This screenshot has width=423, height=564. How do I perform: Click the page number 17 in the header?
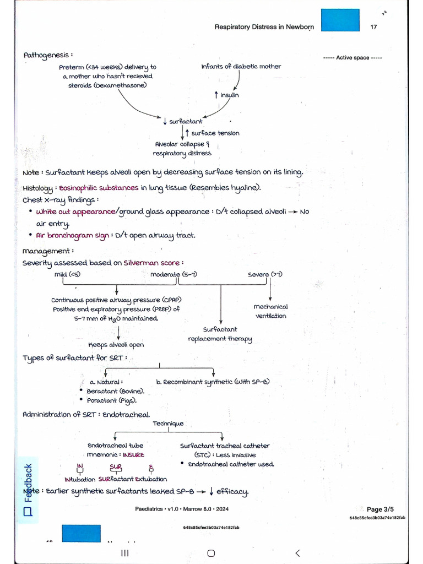tap(374, 27)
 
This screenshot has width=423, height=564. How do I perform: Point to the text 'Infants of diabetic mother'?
tap(241, 67)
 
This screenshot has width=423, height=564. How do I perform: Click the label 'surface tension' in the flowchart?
tap(215, 133)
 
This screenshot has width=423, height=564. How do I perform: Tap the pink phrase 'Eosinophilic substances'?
tap(99, 188)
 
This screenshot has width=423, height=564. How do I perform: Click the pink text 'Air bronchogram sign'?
tap(72, 235)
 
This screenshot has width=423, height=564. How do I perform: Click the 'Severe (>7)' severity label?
tap(265, 274)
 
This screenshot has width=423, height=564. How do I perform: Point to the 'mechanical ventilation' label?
tap(270, 311)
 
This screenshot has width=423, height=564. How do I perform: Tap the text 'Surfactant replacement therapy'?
tap(220, 334)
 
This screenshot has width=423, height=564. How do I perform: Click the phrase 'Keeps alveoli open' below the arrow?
tap(116, 345)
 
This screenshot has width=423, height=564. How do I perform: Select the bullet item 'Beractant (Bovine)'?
tap(115, 391)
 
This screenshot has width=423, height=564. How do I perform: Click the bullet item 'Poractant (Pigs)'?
tap(111, 400)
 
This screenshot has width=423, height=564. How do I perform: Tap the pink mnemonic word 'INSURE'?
tap(133, 455)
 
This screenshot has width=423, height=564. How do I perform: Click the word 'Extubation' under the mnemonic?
tap(150, 479)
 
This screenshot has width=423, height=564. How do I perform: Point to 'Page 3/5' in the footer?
tap(380, 509)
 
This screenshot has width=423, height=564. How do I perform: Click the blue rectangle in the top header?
tap(340, 20)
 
